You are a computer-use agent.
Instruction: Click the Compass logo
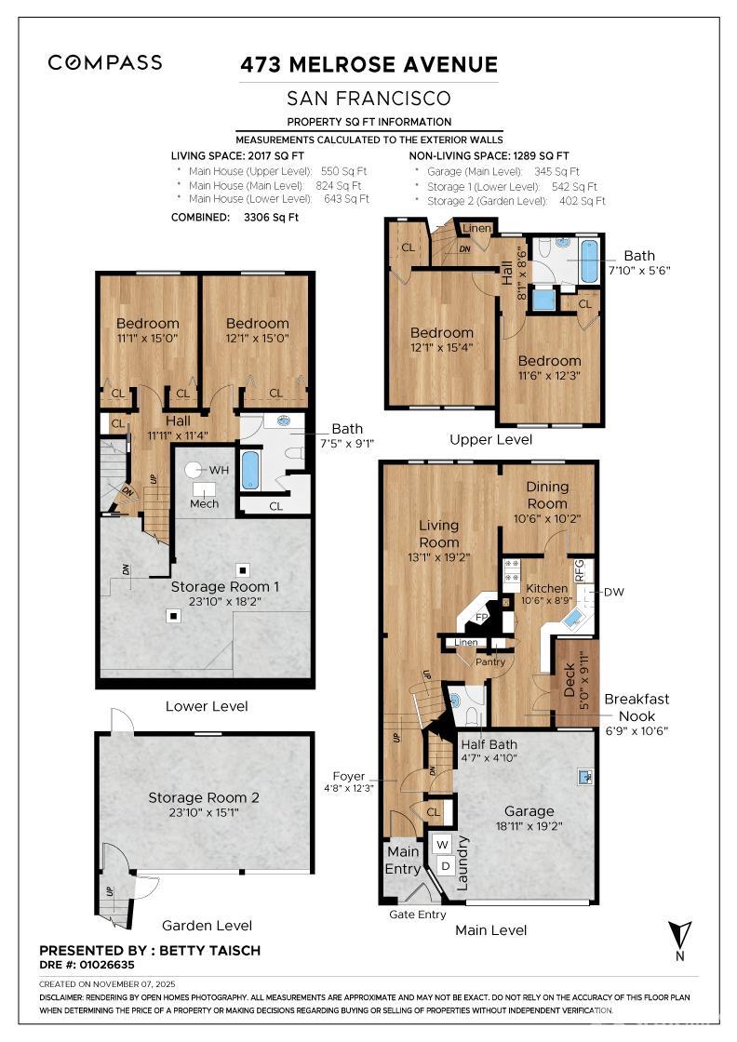[x=105, y=62]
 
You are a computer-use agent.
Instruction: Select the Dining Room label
[x=547, y=495]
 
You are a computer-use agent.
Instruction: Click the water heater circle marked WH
[x=194, y=470]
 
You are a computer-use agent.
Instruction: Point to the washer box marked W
[x=443, y=845]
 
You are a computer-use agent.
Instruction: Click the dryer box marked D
[x=445, y=866]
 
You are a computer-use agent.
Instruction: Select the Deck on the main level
[x=577, y=682]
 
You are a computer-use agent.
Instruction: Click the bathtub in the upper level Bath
[x=589, y=261]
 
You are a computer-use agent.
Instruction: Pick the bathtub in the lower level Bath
[x=250, y=471]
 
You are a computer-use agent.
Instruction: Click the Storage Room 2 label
[x=204, y=797]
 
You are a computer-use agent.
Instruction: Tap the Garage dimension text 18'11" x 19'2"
[x=529, y=826]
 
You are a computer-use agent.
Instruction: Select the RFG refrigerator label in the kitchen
[x=579, y=571]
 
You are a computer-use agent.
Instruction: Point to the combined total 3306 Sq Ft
[x=271, y=218]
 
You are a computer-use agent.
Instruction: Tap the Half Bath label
[x=489, y=744]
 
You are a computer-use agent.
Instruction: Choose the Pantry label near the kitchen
[x=489, y=661]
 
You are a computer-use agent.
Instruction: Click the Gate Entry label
[x=417, y=915]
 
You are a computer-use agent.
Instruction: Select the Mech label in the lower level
[x=204, y=503]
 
